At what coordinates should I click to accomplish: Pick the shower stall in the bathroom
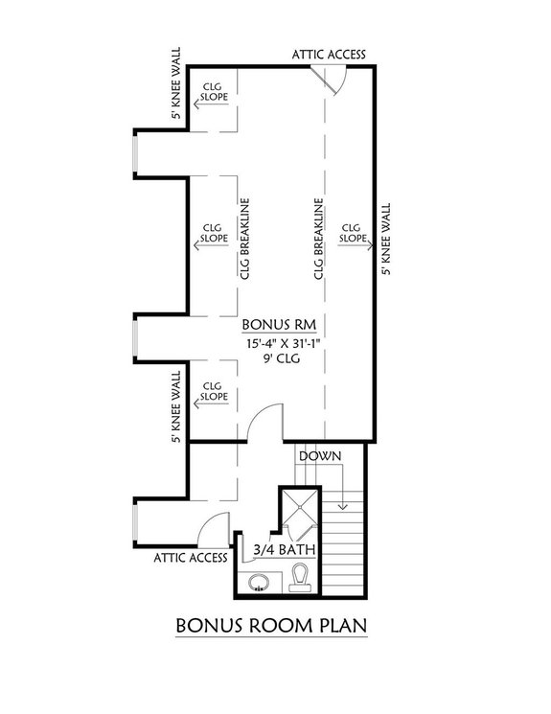click(x=299, y=515)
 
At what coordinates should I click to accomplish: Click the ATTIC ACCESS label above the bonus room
click(x=329, y=55)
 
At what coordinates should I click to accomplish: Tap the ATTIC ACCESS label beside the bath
click(x=189, y=557)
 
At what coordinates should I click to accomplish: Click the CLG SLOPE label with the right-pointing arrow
click(x=353, y=233)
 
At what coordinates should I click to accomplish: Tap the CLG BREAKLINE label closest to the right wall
click(x=317, y=240)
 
